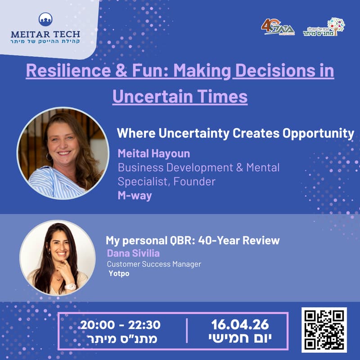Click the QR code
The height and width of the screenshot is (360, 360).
point(324,330)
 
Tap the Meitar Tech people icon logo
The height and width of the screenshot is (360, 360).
point(45,19)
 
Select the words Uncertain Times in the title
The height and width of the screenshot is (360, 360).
point(180,96)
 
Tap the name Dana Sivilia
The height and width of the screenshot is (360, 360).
point(133,253)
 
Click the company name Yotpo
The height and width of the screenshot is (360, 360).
point(119,273)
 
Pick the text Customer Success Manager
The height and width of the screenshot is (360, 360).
point(154,264)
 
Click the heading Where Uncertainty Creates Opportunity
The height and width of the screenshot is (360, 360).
point(235,133)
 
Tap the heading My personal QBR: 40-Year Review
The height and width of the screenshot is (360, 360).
point(193,240)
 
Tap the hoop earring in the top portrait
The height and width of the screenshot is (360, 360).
point(49,157)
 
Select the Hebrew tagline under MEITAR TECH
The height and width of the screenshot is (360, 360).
point(45,42)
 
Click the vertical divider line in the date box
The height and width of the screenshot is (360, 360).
point(186,331)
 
